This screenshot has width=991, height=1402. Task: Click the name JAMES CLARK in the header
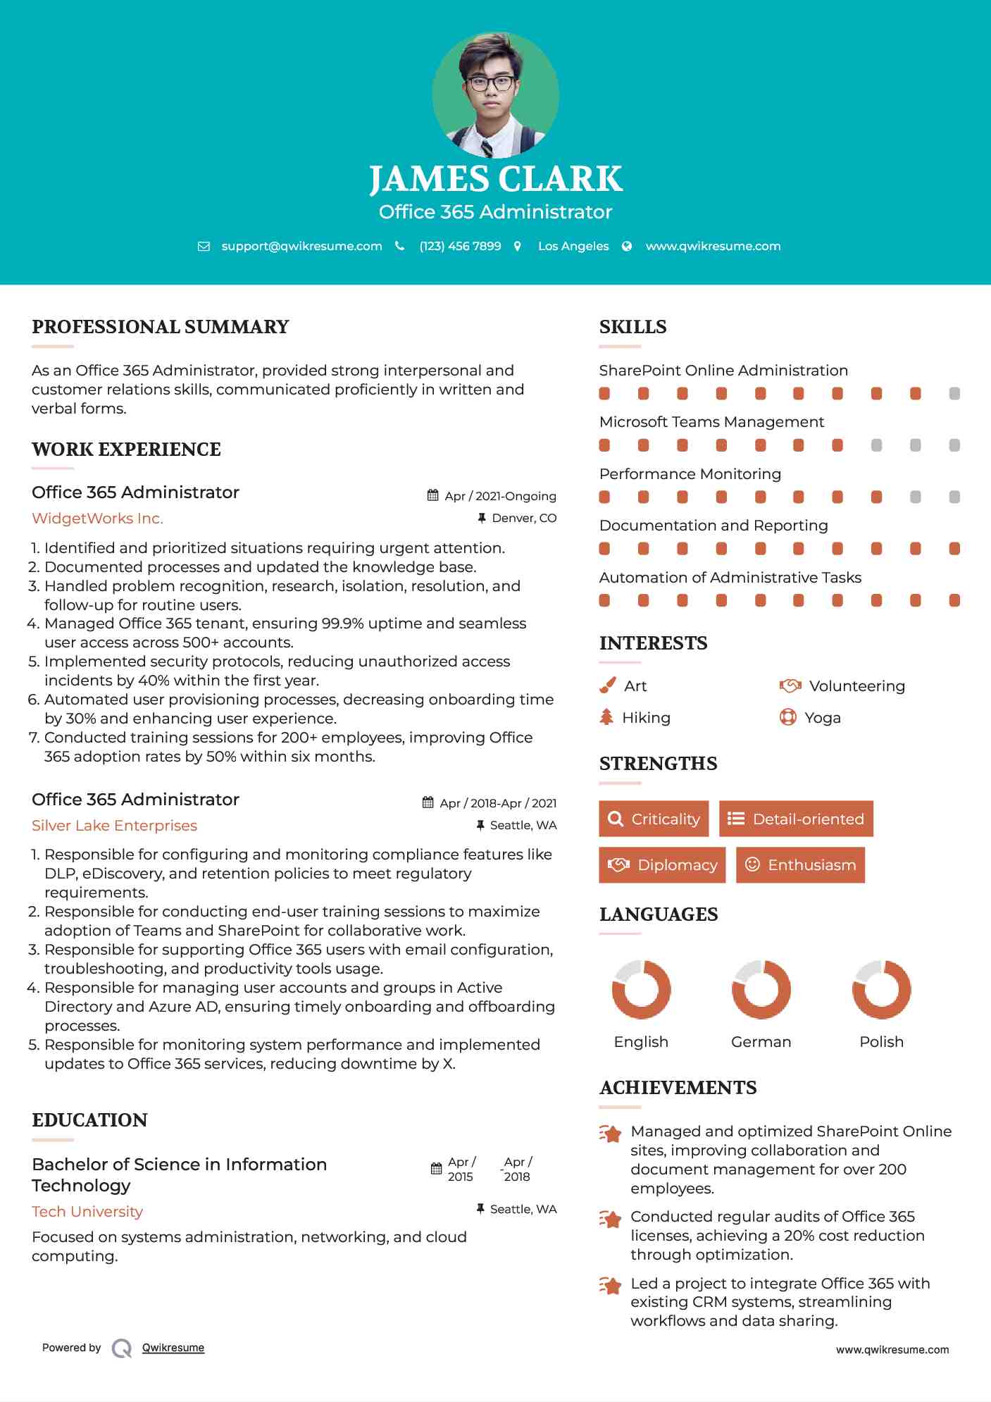point(495,179)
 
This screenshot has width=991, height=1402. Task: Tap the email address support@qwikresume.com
point(301,246)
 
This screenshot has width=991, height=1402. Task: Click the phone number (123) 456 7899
point(460,246)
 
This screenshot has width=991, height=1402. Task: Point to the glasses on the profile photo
point(491,83)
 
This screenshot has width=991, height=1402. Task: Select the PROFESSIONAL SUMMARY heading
point(161,327)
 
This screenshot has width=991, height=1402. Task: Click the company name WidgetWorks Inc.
point(97,519)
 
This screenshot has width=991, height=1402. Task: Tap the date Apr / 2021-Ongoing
point(500,496)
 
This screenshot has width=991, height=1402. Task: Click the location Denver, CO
point(523,519)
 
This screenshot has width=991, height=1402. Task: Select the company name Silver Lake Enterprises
point(114,826)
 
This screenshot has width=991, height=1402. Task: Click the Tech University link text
point(87,1212)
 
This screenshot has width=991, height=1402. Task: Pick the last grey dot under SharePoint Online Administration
point(954,393)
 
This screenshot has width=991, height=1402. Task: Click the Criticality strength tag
point(654,819)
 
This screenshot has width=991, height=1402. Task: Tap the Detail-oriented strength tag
point(796,819)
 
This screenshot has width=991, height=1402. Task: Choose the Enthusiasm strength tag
point(800,864)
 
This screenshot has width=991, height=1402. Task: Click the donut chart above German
point(761,989)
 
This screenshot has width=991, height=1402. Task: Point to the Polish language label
point(881,1042)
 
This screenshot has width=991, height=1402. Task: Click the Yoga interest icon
point(787,717)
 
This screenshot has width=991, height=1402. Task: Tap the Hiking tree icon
point(606,717)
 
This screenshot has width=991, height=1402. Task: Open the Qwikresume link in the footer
point(173,1348)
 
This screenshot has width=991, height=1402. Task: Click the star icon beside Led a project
point(610,1286)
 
